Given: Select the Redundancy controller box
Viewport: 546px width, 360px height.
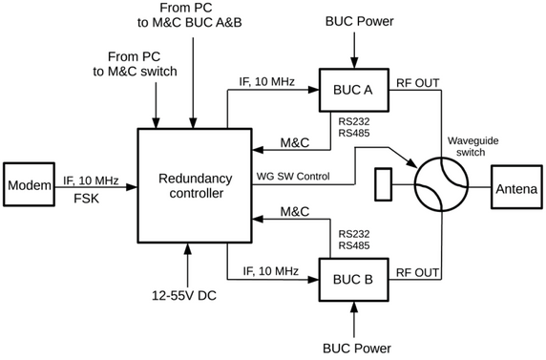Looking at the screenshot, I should point(195,187).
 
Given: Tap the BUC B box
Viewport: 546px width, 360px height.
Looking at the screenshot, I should point(354,281).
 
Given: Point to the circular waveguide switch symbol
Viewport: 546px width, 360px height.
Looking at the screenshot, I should point(441,182).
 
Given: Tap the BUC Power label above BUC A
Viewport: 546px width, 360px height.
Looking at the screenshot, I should point(354,20).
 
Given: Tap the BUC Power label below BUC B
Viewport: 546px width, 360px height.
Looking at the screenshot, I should point(354,349).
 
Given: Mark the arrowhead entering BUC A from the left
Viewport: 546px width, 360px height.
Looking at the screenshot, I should point(315,90).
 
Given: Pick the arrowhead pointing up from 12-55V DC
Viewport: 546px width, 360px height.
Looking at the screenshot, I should point(187,249).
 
